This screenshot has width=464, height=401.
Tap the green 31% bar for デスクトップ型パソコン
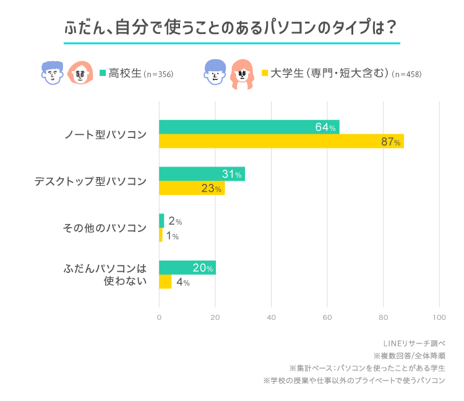[202, 174]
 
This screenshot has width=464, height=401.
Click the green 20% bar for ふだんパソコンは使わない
[187, 267]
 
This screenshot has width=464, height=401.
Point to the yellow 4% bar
[165, 282]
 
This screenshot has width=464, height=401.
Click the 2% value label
[174, 221]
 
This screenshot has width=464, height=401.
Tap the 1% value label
[172, 236]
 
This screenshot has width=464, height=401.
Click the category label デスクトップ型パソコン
[90, 181]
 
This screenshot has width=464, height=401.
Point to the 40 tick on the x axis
[271, 317]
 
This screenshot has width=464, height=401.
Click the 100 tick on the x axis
[439, 317]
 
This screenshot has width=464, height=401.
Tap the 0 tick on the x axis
[159, 317]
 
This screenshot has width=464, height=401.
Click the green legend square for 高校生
[103, 73]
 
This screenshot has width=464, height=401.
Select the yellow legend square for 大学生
[265, 73]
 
